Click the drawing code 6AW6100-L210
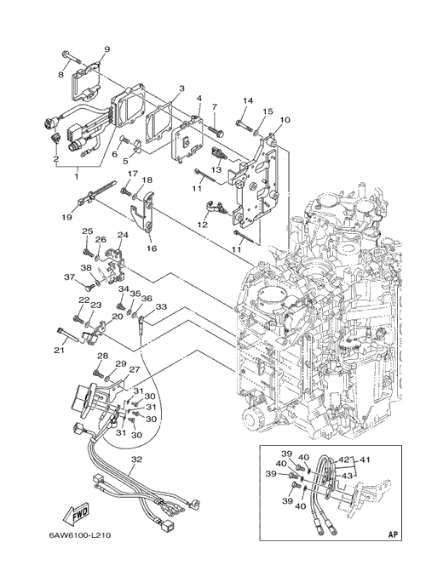[79, 535]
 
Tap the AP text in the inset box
[393, 534]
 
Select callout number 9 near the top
[107, 49]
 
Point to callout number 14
[248, 100]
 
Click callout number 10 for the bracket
[285, 120]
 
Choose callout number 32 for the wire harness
[137, 459]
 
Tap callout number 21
[60, 351]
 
